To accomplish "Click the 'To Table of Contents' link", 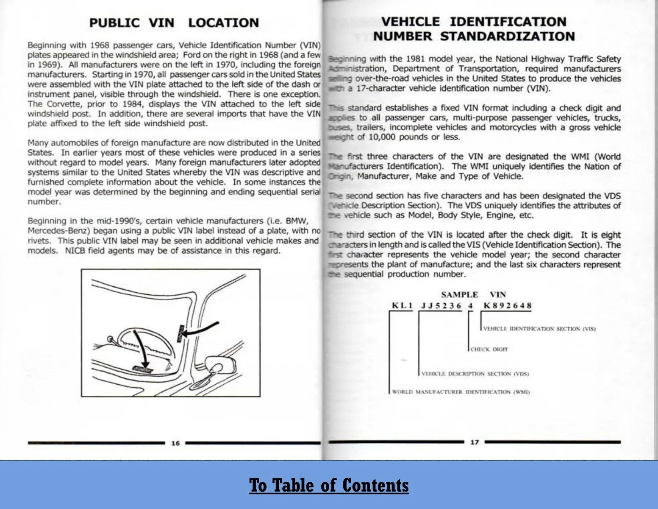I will (329, 485).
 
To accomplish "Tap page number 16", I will (175, 443).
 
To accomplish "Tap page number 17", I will (475, 442).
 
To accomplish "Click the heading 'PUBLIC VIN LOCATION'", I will (174, 23).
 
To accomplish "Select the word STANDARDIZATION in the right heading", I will (508, 36).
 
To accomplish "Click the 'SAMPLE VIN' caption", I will (473, 295).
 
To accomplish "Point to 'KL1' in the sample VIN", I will (402, 306).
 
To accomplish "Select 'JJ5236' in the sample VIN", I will (441, 306).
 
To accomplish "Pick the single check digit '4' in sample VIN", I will (470, 306).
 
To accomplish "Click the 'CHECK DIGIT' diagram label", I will (489, 350).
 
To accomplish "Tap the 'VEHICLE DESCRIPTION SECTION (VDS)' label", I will (475, 374).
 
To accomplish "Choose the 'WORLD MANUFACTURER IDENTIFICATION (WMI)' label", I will (461, 392).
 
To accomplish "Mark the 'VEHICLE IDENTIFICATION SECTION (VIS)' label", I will (539, 329).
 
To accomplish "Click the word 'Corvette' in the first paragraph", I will (64, 104).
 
